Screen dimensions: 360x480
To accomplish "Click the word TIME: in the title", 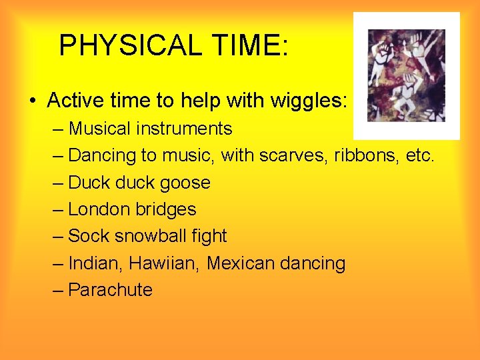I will [x=251, y=45].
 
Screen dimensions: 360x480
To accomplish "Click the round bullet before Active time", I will [x=33, y=101].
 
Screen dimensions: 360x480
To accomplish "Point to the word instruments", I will [x=185, y=128].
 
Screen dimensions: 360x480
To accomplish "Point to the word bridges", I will [x=166, y=209].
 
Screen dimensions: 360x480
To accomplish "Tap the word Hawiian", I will [x=165, y=263].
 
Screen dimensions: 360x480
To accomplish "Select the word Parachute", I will [x=111, y=290].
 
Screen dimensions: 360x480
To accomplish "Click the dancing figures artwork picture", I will [x=406, y=75].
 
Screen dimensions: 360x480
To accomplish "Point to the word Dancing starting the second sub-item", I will [x=102, y=155].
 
